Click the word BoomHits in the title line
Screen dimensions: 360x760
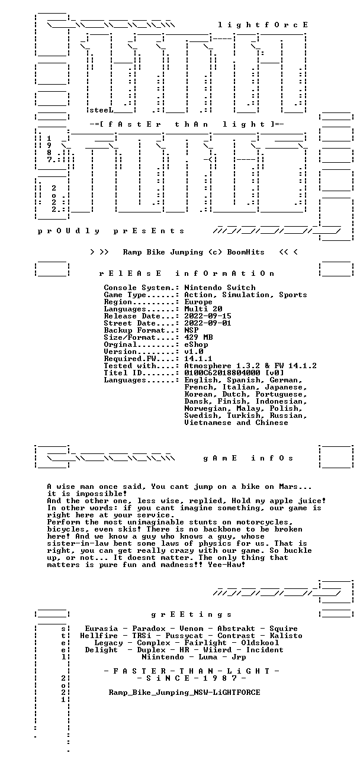tap(246, 252)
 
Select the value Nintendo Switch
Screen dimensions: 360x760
tap(220, 288)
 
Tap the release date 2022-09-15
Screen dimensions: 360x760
tap(208, 316)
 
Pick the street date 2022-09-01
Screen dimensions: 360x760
tap(208, 323)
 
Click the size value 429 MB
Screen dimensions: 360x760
tap(198, 337)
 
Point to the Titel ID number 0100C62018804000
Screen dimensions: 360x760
tap(222, 373)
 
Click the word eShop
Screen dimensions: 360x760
tap(196, 344)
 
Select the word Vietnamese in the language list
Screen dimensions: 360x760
tap(208, 423)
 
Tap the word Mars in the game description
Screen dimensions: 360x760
tap(288, 487)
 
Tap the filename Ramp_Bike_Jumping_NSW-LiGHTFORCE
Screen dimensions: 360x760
tap(184, 693)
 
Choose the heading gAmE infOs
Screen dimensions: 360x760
tap(248, 458)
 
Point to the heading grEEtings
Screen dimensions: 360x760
tap(191, 614)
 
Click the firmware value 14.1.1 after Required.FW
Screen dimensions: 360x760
tap(198, 359)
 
